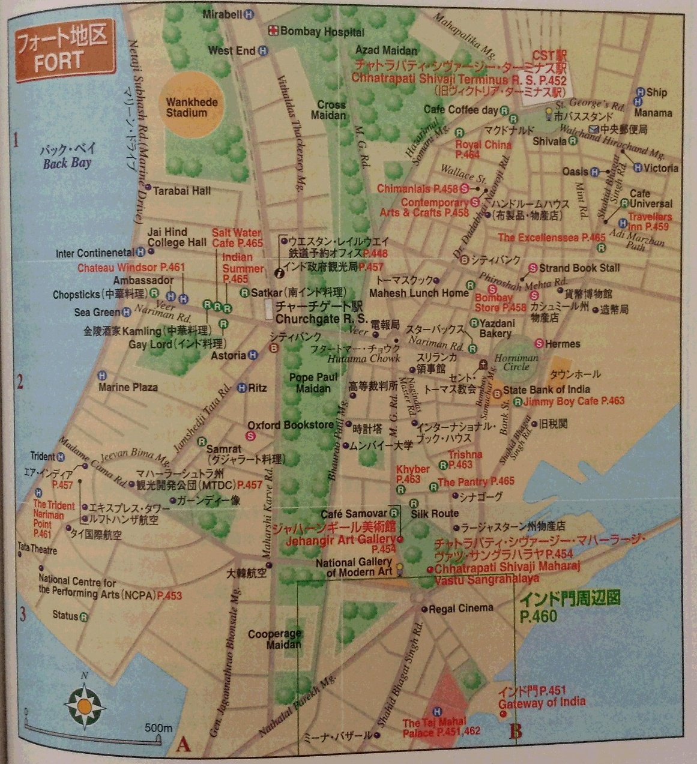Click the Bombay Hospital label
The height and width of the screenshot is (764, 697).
coord(322,32)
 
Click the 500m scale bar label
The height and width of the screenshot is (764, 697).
coord(158,727)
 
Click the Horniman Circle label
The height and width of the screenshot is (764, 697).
coord(516,362)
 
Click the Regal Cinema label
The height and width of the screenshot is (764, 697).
coord(460,608)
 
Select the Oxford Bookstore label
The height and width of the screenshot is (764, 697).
coord(291,425)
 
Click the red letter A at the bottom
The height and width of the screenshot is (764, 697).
coord(183,745)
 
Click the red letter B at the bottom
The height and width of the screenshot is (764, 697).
coord(516,732)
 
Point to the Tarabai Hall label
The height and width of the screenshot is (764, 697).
coord(181,191)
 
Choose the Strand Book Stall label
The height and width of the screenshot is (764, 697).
coord(579,268)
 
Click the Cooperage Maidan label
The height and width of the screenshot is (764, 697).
coord(275,639)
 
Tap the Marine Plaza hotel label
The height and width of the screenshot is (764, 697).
coord(128,387)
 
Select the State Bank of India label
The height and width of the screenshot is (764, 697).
coord(546,390)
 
